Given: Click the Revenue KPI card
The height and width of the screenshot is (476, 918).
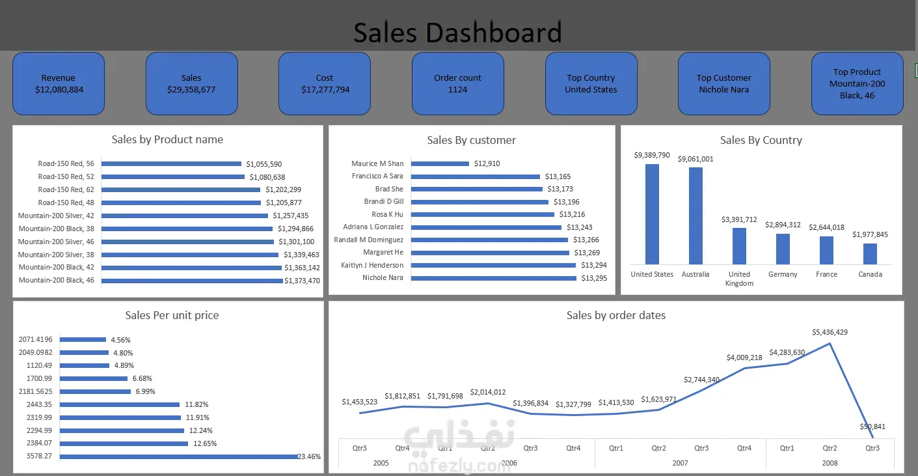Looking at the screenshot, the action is coord(59,84).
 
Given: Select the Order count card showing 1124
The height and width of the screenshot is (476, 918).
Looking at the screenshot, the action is coord(458,84).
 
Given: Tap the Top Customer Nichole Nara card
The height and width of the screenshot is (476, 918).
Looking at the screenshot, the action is coord(723,84).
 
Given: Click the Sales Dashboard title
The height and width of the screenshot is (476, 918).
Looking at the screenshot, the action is coord(457,33).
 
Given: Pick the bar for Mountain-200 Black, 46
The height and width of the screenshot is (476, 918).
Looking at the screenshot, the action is coord(192,281).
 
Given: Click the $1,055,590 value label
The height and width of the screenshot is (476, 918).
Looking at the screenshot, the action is coord(264,164).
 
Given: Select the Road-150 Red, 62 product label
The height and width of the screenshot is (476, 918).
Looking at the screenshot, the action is coord(66,189).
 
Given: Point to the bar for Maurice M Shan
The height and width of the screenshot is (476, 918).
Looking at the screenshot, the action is coord(440,163).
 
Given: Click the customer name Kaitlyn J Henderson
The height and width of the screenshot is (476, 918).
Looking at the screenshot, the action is coord(372,265).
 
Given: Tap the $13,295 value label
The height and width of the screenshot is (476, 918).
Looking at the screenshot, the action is coord(594,278).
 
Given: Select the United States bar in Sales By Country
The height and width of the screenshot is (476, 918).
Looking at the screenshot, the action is coord(652,214).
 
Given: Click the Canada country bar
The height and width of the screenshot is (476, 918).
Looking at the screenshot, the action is coord(870,254).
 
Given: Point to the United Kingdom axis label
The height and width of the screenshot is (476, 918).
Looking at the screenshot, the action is coord(739,279).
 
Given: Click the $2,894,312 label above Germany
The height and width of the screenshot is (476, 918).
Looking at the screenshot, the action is coord(783,225).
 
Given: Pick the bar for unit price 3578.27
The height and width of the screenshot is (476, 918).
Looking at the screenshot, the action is coord(179,456).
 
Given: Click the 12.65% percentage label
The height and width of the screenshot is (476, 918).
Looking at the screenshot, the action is coord(205,443).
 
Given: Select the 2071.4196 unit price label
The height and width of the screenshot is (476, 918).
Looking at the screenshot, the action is coord(35,339).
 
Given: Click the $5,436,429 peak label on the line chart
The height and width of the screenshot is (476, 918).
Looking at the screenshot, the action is coord(830,332).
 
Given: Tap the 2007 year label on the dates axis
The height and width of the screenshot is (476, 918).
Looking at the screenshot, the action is coord(680,463).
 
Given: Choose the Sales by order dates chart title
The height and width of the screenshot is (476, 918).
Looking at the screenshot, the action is coord(616,315).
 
